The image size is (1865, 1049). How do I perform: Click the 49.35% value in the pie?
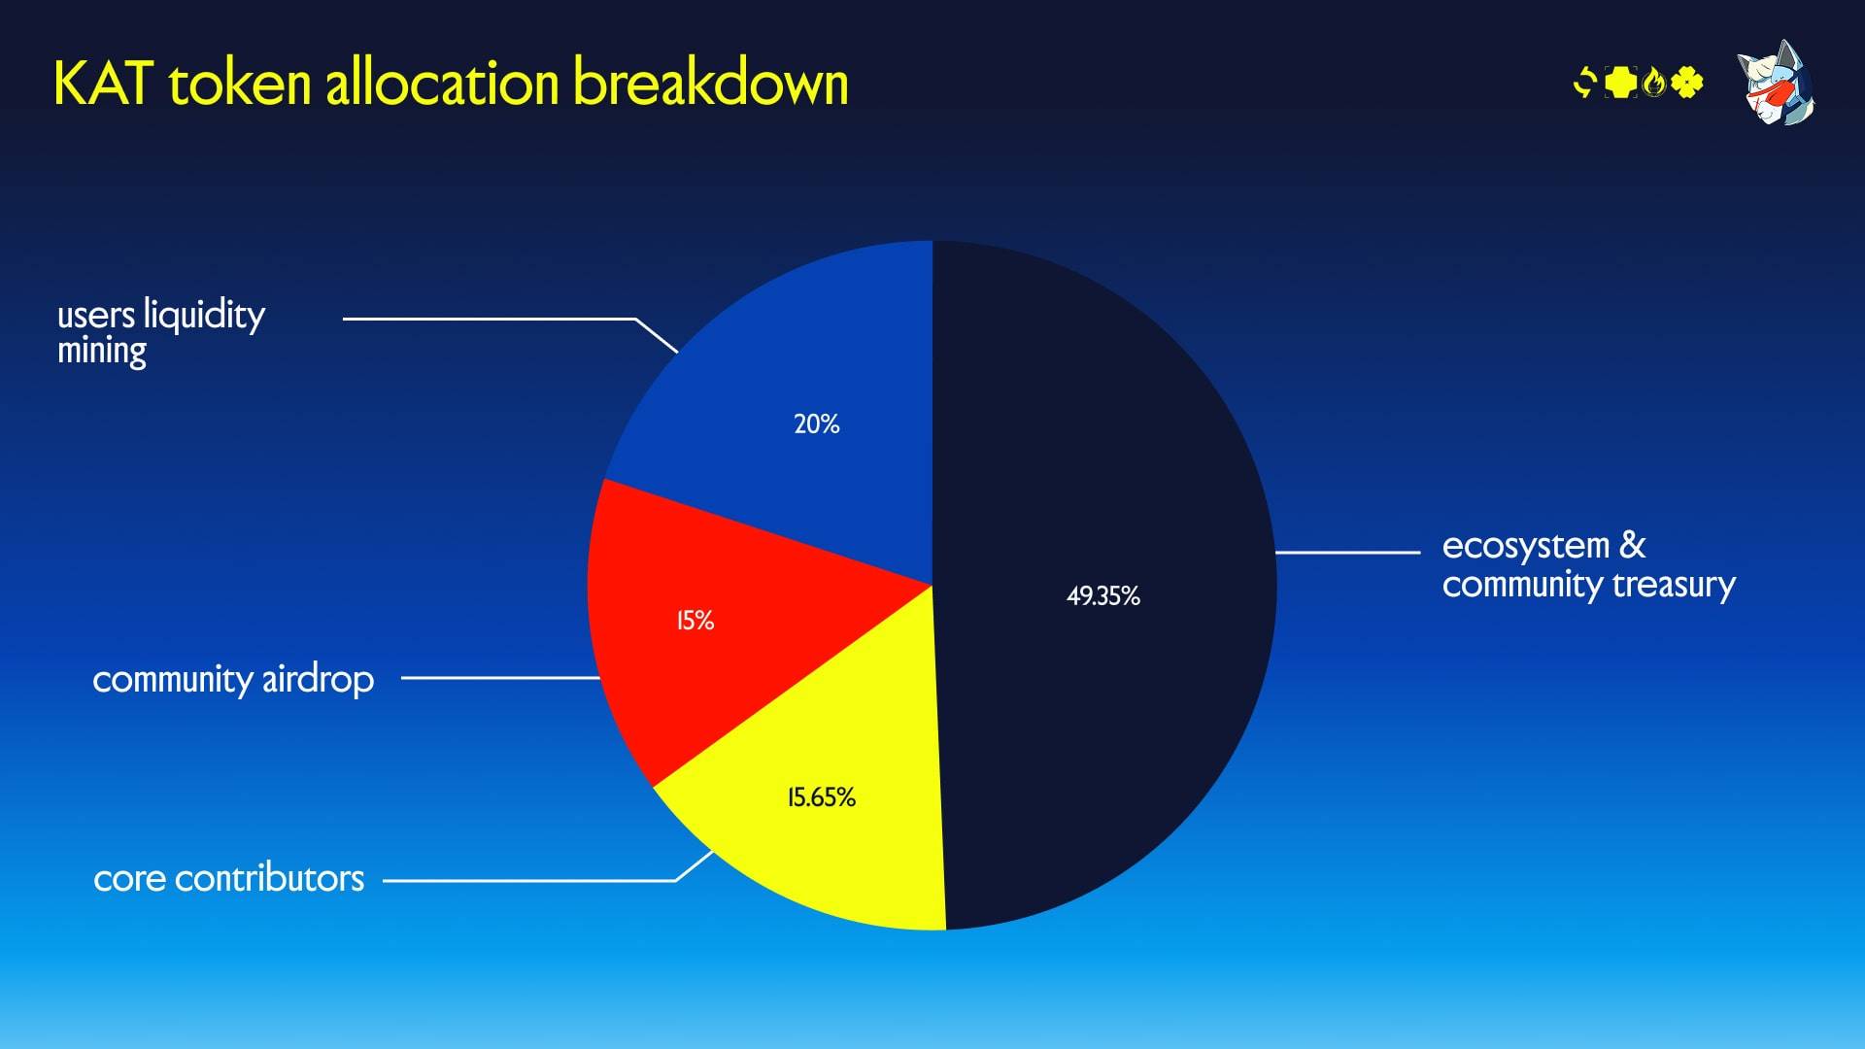click(x=1102, y=595)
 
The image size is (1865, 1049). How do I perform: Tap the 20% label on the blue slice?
click(x=816, y=423)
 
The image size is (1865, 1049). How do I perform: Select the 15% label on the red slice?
click(x=695, y=620)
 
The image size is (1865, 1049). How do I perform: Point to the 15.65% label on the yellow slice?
click(x=821, y=797)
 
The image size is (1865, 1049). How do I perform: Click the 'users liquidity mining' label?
click(x=160, y=331)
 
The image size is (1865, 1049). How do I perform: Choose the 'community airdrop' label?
click(x=232, y=679)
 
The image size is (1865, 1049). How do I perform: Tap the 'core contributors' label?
click(x=228, y=878)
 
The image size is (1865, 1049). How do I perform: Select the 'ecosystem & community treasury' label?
click(x=1587, y=564)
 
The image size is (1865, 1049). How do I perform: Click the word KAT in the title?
click(x=103, y=84)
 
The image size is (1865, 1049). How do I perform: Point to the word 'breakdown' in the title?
click(x=710, y=83)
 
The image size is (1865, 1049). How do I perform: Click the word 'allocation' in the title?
click(x=442, y=83)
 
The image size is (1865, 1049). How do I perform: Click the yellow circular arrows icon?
click(x=1584, y=83)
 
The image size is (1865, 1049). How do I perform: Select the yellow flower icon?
click(x=1687, y=83)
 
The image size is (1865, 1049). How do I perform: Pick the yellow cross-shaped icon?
click(x=1620, y=83)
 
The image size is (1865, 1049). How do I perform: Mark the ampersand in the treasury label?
click(x=1632, y=545)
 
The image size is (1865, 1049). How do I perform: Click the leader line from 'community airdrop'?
click(x=500, y=678)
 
